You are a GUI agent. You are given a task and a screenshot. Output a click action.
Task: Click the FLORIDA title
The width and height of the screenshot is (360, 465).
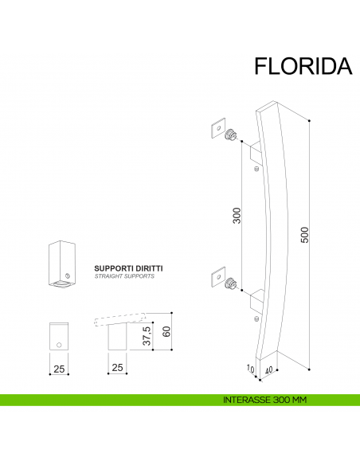click(x=303, y=66)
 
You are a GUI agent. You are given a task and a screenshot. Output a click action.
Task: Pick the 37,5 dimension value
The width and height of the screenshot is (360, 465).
click(x=147, y=334)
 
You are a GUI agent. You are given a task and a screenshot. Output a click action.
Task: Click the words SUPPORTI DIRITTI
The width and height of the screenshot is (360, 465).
click(x=128, y=268)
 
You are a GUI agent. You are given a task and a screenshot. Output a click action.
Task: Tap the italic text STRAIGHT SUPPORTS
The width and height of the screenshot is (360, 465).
click(x=124, y=277)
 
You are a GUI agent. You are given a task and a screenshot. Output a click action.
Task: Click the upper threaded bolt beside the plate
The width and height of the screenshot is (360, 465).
click(x=232, y=134)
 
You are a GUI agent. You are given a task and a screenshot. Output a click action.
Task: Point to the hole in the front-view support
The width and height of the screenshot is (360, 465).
click(x=61, y=345)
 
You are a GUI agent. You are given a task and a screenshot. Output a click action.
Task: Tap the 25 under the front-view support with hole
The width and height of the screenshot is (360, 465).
click(x=60, y=368)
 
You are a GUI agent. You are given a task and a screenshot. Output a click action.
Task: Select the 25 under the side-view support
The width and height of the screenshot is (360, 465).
click(x=117, y=368)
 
